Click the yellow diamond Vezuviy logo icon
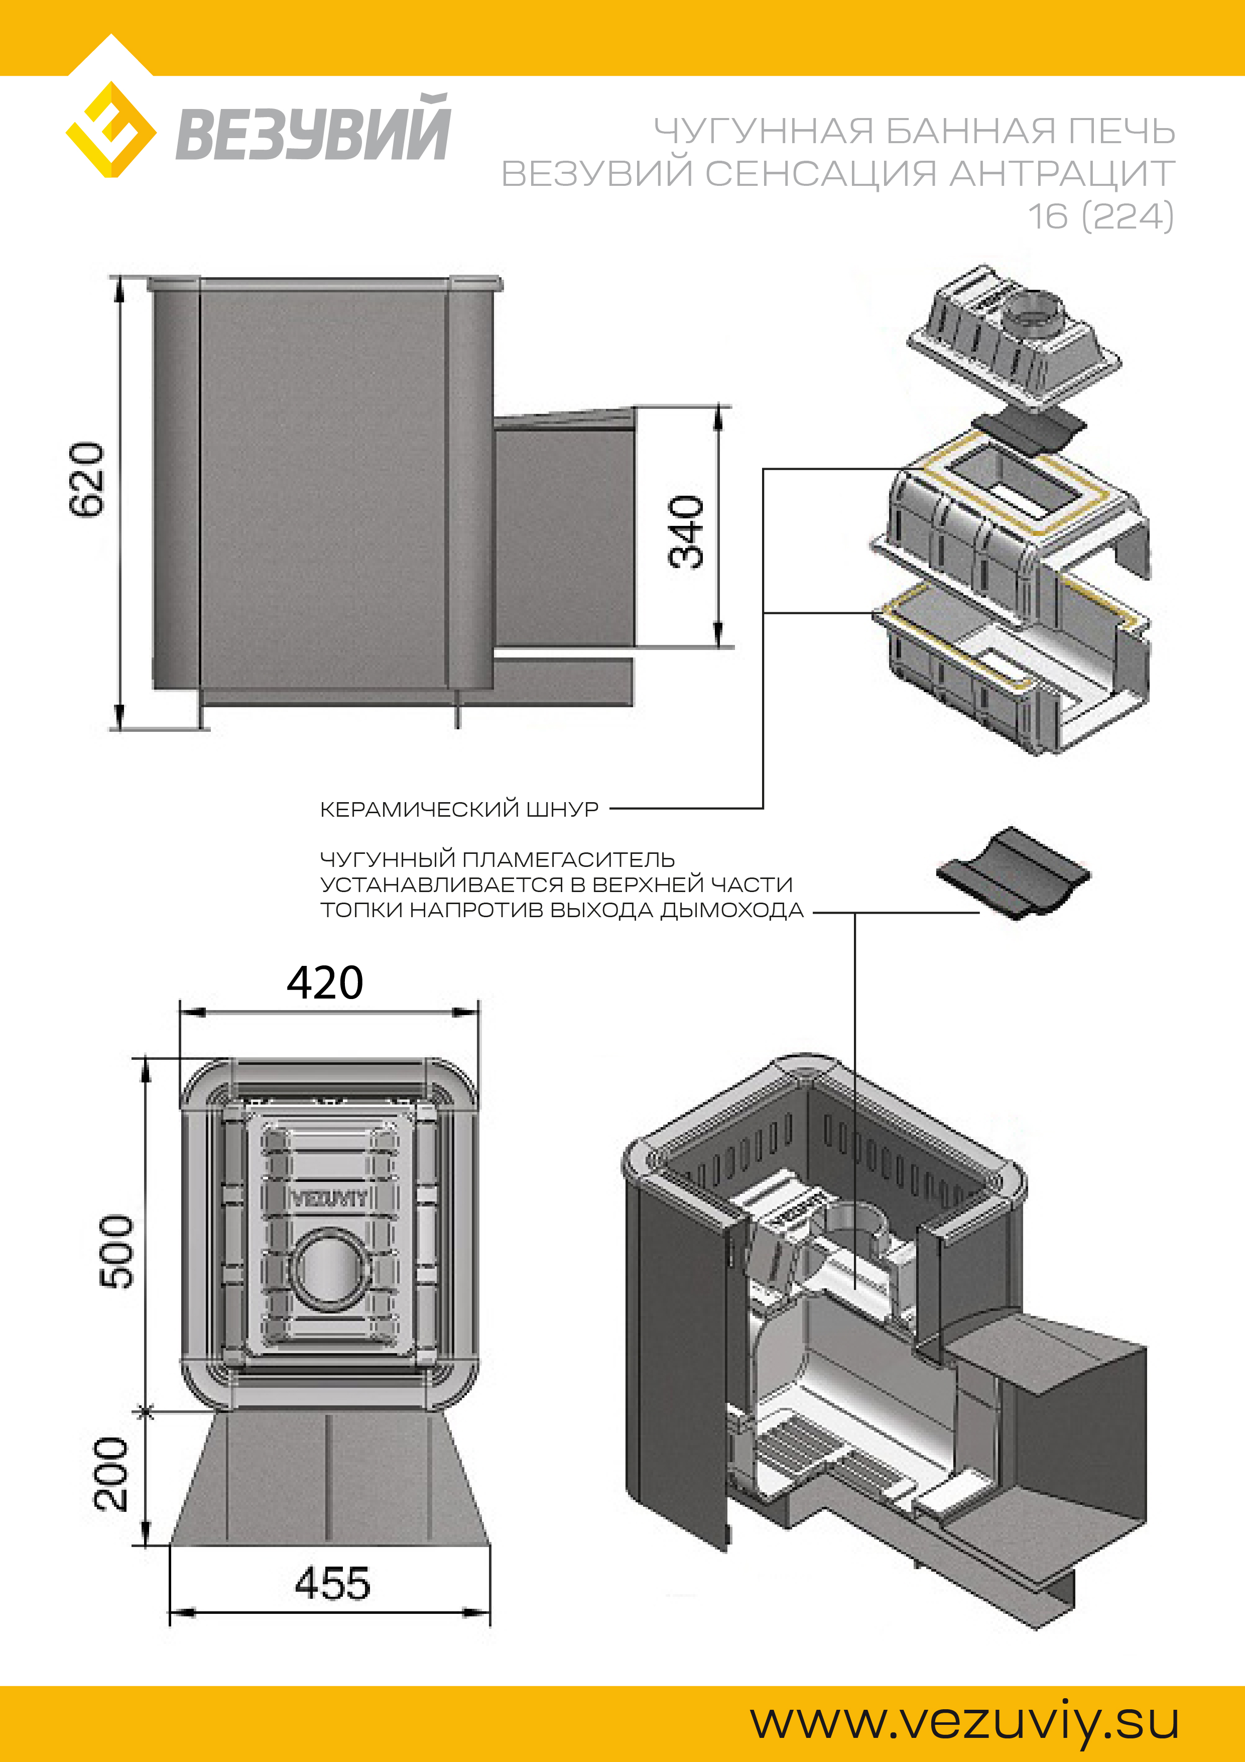pos(111,130)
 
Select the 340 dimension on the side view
pos(686,531)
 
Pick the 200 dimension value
pos(111,1474)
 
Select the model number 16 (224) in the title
pos(1101,216)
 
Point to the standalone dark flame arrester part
pos(1013,873)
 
